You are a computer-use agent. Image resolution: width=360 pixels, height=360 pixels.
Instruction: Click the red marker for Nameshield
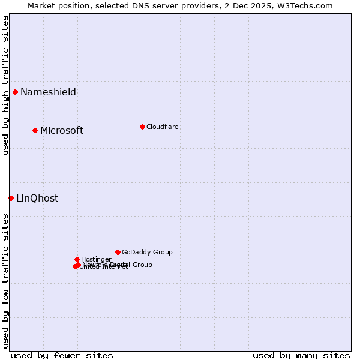[x=15, y=92]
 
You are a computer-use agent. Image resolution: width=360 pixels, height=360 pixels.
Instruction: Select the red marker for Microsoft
[x=35, y=130]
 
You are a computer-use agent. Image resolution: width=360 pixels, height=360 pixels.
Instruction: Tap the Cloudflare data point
[x=142, y=127]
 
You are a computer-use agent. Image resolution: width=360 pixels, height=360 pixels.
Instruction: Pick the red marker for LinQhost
[x=11, y=198]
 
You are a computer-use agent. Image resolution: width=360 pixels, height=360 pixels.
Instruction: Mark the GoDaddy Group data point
[x=118, y=252]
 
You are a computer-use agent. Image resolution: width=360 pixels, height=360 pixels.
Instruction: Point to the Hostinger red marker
[x=77, y=259]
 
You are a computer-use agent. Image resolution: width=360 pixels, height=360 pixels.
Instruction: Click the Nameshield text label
[x=48, y=92]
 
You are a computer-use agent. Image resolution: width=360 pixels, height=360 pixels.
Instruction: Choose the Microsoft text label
[x=62, y=130]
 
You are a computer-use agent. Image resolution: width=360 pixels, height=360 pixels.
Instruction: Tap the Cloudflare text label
[x=162, y=127]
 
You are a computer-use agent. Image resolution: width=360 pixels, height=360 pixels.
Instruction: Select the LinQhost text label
[x=37, y=198]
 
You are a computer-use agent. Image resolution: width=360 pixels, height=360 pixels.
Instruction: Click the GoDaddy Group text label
[x=147, y=252]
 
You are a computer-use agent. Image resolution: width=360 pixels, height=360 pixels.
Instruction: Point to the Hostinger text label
[x=96, y=259]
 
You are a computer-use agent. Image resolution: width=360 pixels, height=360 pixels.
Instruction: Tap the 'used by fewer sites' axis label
[x=62, y=355]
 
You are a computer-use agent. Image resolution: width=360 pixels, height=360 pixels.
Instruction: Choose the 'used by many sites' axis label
[x=301, y=355]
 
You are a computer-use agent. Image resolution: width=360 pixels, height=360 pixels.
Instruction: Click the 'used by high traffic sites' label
[x=5, y=86]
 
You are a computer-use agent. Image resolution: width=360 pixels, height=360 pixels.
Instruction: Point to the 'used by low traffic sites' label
[x=5, y=281]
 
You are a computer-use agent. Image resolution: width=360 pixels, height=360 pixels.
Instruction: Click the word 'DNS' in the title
[x=138, y=5]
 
